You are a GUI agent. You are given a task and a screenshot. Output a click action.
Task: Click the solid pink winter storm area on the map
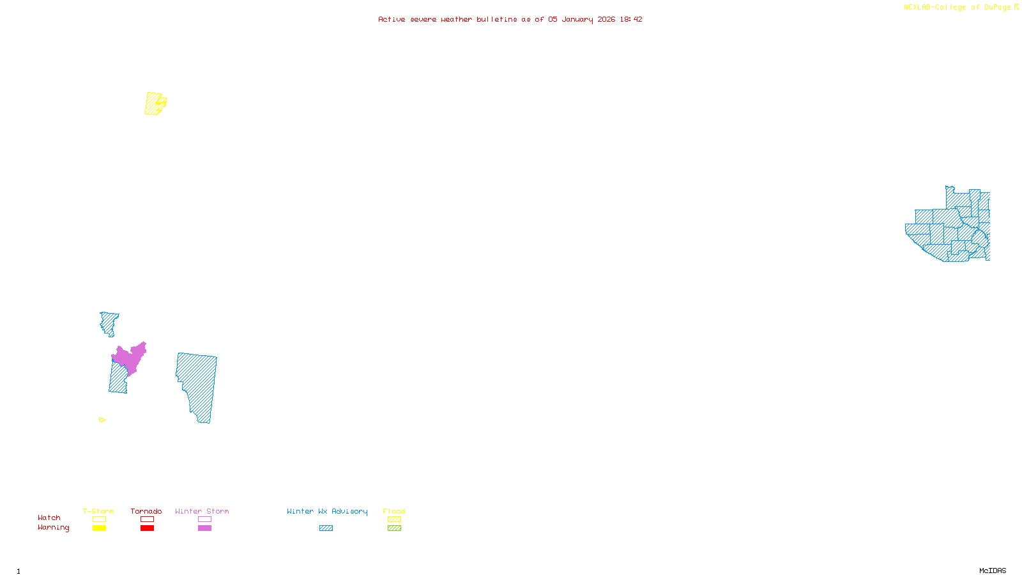pos(130,359)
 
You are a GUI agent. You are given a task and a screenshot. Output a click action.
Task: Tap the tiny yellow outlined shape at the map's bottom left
pos(102,420)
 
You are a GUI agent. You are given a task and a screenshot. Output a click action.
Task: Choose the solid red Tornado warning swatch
pos(147,528)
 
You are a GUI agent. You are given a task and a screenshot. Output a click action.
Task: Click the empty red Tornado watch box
pos(147,519)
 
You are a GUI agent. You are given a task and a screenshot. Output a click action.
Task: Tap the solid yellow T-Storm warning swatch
pos(99,528)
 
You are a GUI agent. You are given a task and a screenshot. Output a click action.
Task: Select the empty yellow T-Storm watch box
pos(99,519)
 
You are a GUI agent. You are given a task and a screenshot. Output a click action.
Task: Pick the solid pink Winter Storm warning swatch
pos(204,528)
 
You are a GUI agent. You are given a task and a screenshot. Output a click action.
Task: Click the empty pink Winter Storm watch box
pos(204,519)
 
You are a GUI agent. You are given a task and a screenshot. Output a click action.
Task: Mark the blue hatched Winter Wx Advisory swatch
pos(326,528)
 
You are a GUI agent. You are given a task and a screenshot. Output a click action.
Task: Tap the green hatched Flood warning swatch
pos(394,528)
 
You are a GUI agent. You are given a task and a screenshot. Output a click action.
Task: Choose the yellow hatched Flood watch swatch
pos(394,519)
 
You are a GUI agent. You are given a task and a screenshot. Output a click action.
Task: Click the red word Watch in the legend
pos(49,517)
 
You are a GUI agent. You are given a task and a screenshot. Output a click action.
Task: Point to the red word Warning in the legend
pos(53,528)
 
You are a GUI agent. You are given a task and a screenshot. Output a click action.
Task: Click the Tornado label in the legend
pos(146,511)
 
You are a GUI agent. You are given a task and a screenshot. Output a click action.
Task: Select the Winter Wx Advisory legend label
pos(327,511)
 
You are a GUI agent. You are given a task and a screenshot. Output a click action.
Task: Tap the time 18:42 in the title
pos(630,19)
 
